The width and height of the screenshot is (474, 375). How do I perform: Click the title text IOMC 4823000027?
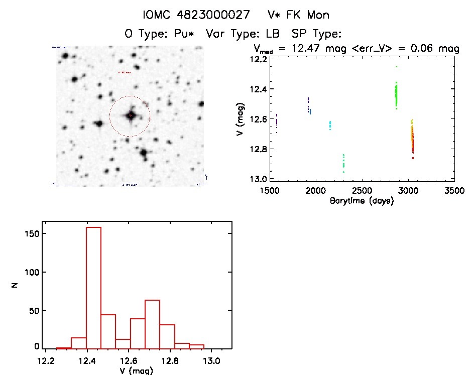(196, 15)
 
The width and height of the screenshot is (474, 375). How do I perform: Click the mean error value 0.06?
(426, 49)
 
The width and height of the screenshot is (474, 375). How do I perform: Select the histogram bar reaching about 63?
(152, 324)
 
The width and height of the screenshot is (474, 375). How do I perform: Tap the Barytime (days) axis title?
(361, 201)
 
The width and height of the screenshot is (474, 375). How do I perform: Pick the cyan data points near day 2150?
(330, 124)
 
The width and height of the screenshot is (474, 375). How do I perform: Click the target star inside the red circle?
(130, 116)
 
